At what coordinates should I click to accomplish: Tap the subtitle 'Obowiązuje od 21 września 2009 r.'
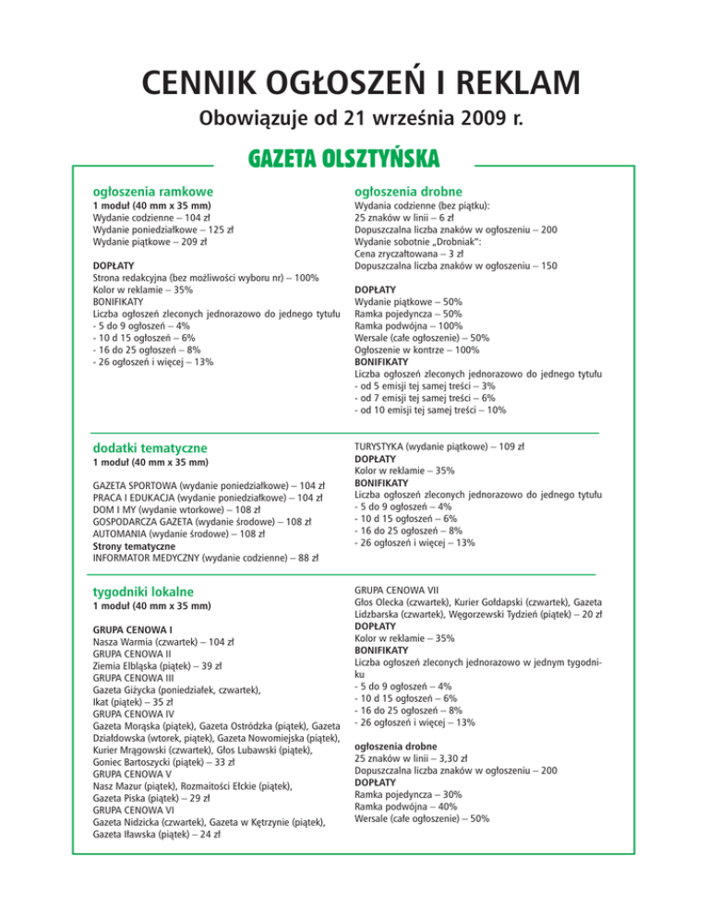(354, 118)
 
